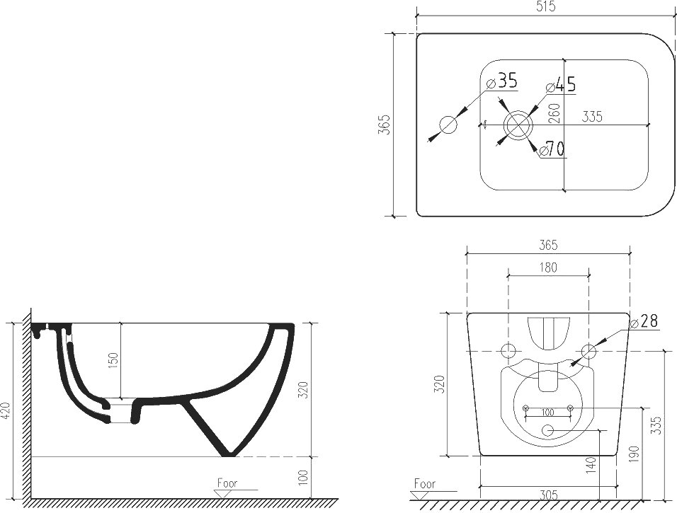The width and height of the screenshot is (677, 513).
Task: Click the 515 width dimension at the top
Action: [x=546, y=7]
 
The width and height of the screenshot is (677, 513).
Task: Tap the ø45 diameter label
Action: [x=561, y=85]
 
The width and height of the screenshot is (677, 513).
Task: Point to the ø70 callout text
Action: [x=552, y=149]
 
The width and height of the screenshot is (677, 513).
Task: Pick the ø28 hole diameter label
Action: [x=644, y=321]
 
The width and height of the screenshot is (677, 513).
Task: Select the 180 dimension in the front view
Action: [x=548, y=268]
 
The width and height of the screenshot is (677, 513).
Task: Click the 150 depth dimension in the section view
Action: [x=113, y=362]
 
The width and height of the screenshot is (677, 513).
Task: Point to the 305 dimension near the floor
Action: [x=548, y=495]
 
